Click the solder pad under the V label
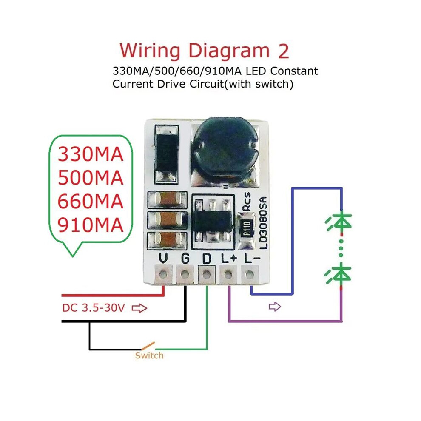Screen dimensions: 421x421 pyautogui.click(x=163, y=274)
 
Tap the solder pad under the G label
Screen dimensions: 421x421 pyautogui.click(x=185, y=274)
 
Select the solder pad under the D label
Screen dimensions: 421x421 pyautogui.click(x=206, y=274)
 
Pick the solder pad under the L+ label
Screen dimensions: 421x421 pyautogui.click(x=228, y=274)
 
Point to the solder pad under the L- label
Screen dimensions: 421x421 pyautogui.click(x=250, y=274)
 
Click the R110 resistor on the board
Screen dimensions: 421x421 pyautogui.click(x=247, y=229)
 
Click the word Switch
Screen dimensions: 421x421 pyautogui.click(x=149, y=356)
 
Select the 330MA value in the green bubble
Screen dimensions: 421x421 pyautogui.click(x=91, y=154)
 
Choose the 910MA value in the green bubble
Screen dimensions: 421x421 pyautogui.click(x=91, y=225)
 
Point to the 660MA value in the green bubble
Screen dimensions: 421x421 pyautogui.click(x=91, y=202)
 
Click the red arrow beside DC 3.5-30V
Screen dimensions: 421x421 pyautogui.click(x=139, y=308)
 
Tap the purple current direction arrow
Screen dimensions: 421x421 pyautogui.click(x=275, y=307)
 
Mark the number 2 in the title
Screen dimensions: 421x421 pyautogui.click(x=284, y=51)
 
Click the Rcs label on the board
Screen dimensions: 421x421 pyautogui.click(x=246, y=202)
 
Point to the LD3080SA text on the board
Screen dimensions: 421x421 pyautogui.click(x=264, y=222)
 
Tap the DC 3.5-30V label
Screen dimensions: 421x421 pyautogui.click(x=94, y=308)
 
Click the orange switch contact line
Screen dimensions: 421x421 pyautogui.click(x=148, y=346)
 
